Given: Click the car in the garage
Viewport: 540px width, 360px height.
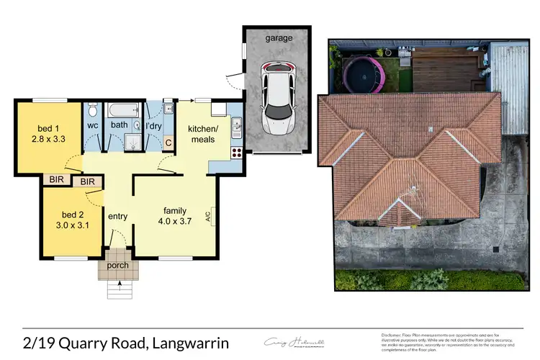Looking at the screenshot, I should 277,98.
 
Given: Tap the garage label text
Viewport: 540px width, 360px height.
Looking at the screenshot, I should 279,37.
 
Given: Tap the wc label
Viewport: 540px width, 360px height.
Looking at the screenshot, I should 93,125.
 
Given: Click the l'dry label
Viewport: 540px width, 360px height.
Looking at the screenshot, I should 153,125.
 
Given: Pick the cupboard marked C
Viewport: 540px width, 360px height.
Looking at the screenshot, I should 168,142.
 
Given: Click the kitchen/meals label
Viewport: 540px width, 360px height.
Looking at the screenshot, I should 202,133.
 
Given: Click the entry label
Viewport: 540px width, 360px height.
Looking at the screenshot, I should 117,216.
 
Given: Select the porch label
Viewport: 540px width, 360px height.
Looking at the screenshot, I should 117,265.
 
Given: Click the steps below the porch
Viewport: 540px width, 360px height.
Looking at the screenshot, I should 117,289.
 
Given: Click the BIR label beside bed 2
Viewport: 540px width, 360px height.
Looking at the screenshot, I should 88,182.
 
